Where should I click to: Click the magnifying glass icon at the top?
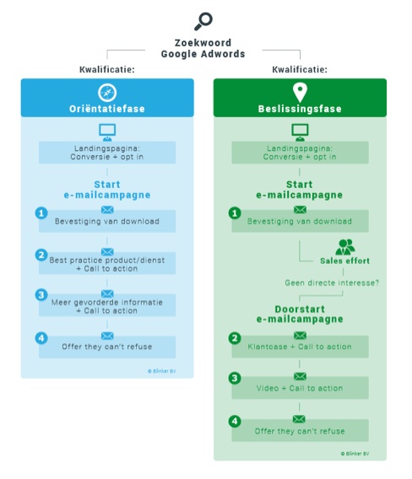(203, 21)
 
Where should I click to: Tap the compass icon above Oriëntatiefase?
(107, 93)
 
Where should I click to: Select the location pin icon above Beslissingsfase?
(300, 93)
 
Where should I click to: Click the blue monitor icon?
(107, 132)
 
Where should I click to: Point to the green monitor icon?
(300, 132)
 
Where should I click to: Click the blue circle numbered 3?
(41, 295)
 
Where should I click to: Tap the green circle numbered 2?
(235, 338)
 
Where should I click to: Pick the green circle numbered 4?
(235, 422)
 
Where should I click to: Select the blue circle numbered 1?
(41, 213)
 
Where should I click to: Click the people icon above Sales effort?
(345, 247)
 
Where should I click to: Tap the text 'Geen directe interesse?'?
(332, 283)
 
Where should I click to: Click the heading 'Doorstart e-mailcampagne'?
(300, 314)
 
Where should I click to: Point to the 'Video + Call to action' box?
(300, 388)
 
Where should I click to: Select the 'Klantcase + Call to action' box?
(300, 347)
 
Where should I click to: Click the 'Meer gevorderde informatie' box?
(107, 305)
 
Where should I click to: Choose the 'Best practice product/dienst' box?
(107, 263)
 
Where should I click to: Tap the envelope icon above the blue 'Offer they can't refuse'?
(107, 336)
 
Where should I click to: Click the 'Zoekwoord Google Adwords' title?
(203, 48)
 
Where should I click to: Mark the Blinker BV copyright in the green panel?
(355, 454)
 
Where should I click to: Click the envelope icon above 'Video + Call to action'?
(300, 376)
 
